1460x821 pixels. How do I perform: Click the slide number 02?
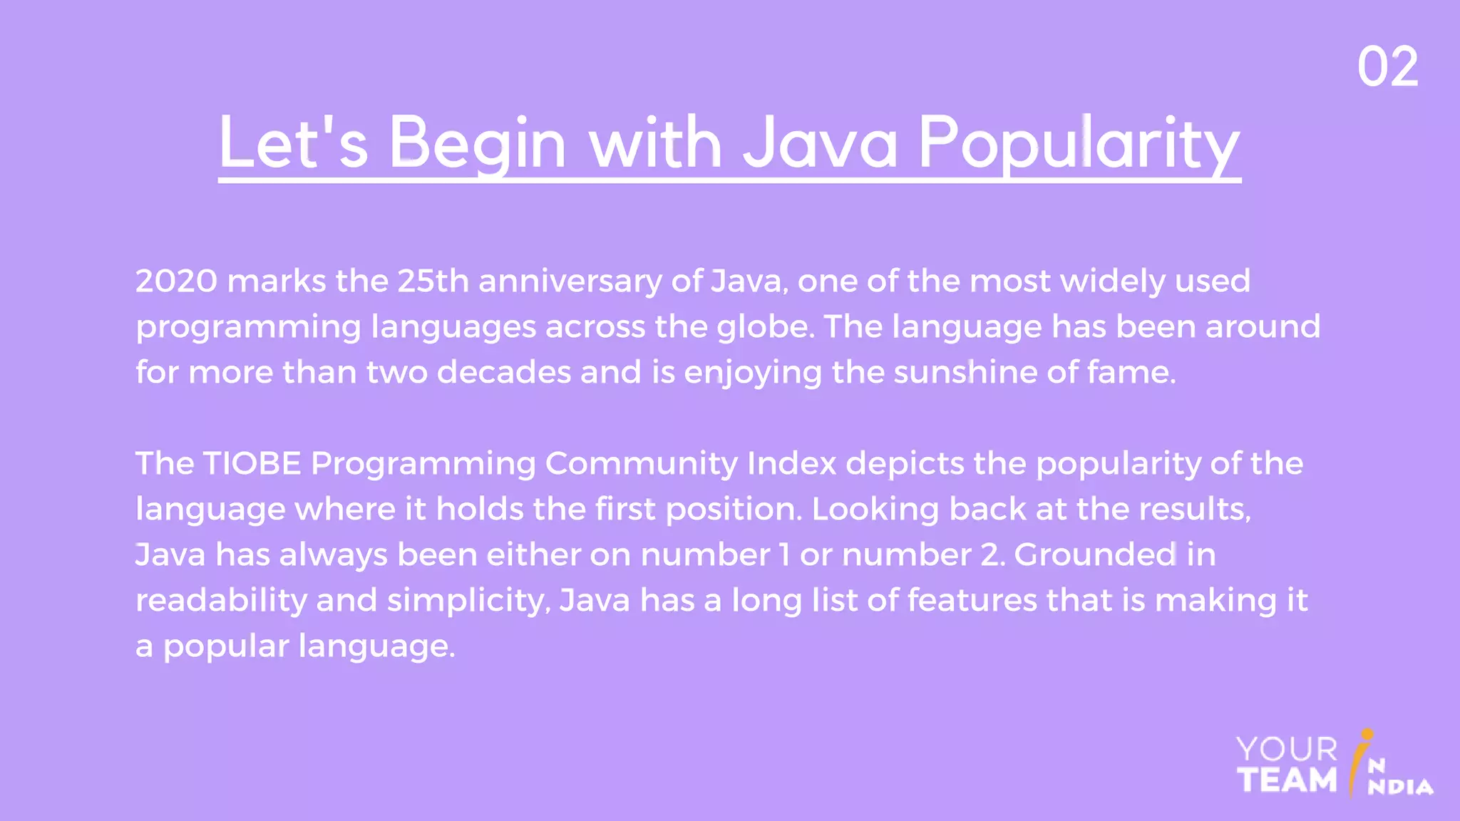pyautogui.click(x=1387, y=67)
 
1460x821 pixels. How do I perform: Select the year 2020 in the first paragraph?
pyautogui.click(x=176, y=281)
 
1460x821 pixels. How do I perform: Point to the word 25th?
pyautogui.click(x=433, y=281)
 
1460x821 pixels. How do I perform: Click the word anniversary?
pyautogui.click(x=570, y=281)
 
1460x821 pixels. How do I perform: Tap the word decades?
pyautogui.click(x=503, y=372)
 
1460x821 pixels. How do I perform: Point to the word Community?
pyautogui.click(x=641, y=465)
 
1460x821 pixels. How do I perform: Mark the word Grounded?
pyautogui.click(x=1095, y=554)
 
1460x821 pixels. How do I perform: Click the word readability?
pyautogui.click(x=221, y=600)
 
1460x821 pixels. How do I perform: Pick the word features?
pyautogui.click(x=972, y=600)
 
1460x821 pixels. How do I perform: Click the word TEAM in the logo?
pyautogui.click(x=1287, y=780)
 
